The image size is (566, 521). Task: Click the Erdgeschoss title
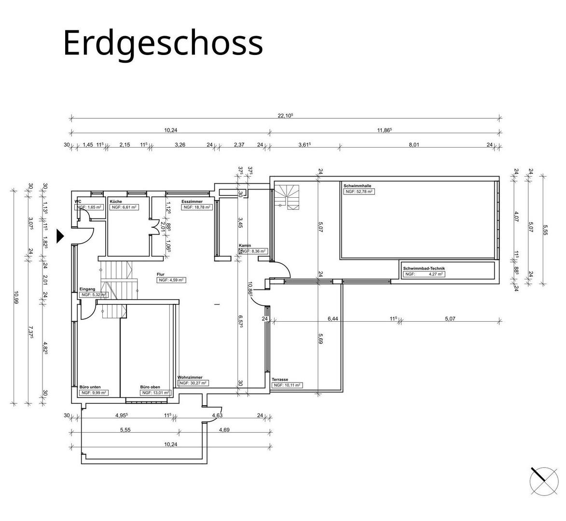(163, 42)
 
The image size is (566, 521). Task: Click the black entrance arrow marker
(60, 235)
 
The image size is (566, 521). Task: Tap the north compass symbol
(543, 481)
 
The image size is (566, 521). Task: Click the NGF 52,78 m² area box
(359, 192)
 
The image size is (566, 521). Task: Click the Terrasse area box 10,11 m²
(287, 385)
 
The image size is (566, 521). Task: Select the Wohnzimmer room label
(190, 377)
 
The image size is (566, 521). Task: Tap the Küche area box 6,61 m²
(124, 207)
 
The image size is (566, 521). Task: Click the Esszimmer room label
(192, 201)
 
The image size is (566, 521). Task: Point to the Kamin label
(245, 246)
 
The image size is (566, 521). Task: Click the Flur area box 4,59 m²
(172, 280)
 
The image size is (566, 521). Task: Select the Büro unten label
(90, 387)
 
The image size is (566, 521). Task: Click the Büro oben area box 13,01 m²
(155, 393)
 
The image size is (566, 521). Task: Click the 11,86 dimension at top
(384, 130)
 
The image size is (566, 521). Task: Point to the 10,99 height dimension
(16, 295)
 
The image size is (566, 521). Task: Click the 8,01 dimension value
(414, 144)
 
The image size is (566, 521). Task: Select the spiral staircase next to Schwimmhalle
(288, 197)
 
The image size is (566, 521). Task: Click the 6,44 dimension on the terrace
(332, 318)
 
